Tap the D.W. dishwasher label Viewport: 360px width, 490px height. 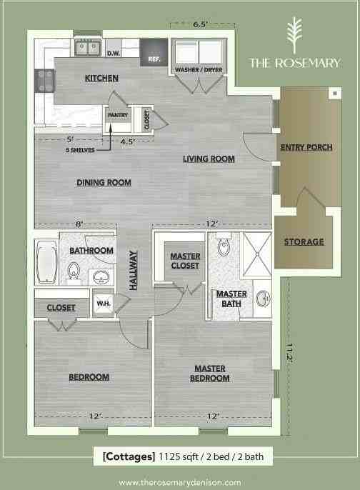coord(112,54)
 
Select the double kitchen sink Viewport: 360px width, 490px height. coord(89,48)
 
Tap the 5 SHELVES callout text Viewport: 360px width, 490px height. coord(81,151)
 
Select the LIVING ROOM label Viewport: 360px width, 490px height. coord(209,159)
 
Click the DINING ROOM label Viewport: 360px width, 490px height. coord(104,182)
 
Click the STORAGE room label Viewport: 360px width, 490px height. coord(304,241)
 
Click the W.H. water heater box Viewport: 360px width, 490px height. coord(103,304)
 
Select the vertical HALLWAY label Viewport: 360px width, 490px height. coord(134,270)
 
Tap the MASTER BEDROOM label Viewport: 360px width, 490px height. coord(209,373)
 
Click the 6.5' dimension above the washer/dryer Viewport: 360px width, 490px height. coord(200,26)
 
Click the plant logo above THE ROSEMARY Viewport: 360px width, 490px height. coord(294,33)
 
